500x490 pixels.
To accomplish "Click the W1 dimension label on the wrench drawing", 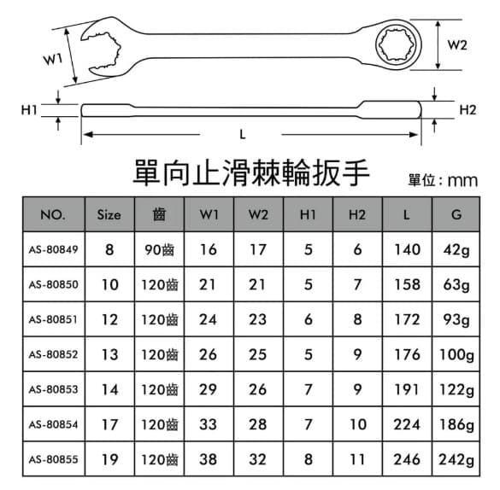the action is click(x=53, y=59).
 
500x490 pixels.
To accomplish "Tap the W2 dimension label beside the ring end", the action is click(x=457, y=45).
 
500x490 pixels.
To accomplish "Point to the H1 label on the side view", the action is click(x=29, y=110).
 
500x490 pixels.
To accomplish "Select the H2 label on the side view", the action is click(x=468, y=110).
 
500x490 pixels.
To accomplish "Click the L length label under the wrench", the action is click(x=243, y=135).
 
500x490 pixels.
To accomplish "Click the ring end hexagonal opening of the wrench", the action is click(x=398, y=44).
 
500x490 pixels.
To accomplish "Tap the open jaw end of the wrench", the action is click(x=103, y=51).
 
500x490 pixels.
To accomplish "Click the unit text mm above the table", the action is click(x=462, y=181).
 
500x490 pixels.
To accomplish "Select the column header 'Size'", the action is click(x=109, y=215).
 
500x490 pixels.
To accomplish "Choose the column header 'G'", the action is click(x=456, y=214).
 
